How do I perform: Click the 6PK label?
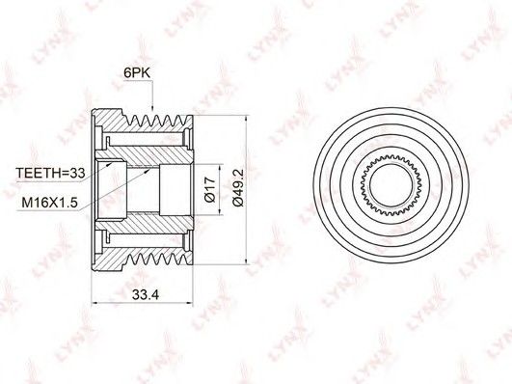137,73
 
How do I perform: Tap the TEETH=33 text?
50,173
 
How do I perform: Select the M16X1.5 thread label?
49,203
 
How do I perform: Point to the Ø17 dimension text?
209,189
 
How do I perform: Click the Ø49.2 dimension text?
238,188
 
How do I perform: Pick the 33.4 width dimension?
146,295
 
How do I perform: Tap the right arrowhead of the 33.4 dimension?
189,304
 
